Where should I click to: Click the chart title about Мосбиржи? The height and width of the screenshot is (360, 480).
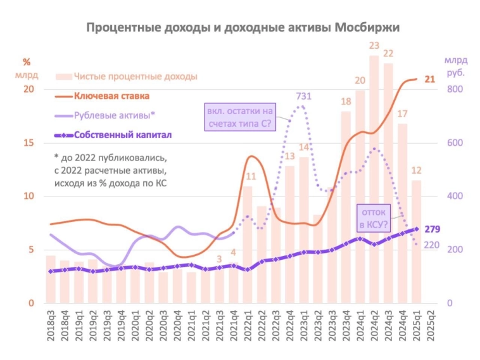[x=243, y=27]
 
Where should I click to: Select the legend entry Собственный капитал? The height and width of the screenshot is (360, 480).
[x=122, y=135]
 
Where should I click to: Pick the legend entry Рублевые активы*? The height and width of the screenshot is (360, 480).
[x=114, y=116]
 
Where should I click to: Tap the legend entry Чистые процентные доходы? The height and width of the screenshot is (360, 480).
[x=135, y=77]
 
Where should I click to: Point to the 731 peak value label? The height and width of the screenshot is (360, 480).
[x=305, y=96]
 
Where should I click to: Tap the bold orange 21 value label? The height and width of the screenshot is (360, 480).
[x=430, y=79]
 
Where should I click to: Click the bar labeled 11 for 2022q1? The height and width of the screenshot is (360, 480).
[x=248, y=244]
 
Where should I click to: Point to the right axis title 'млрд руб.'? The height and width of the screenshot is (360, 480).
[x=455, y=66]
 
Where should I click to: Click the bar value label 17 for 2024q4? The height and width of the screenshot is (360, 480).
[x=402, y=113]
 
